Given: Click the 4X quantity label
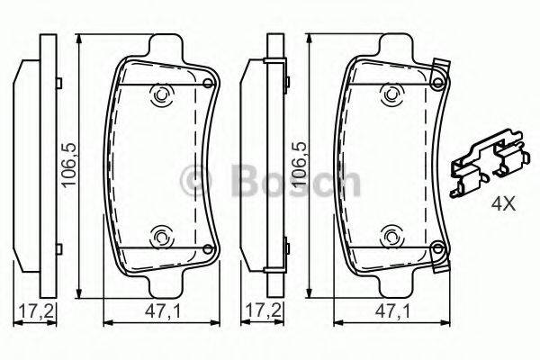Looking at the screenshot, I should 503,204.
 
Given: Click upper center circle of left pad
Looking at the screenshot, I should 162,94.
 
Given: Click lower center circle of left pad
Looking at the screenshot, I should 162,238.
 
